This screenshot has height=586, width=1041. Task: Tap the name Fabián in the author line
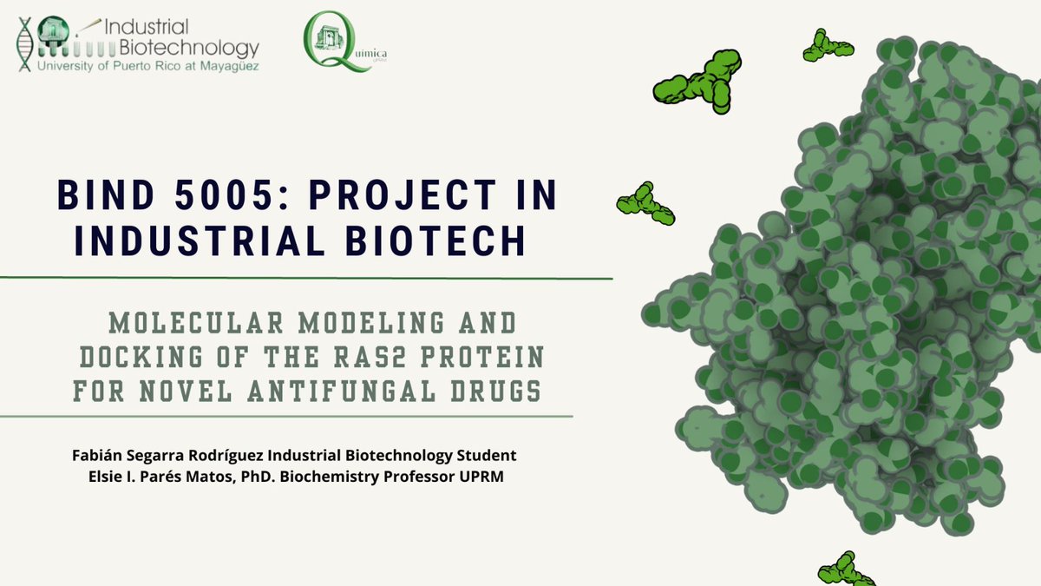[x=100, y=456]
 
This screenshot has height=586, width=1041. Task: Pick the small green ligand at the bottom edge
[x=845, y=570]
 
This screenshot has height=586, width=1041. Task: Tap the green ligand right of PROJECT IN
[x=645, y=203]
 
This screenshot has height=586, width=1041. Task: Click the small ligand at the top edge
[x=827, y=47]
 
